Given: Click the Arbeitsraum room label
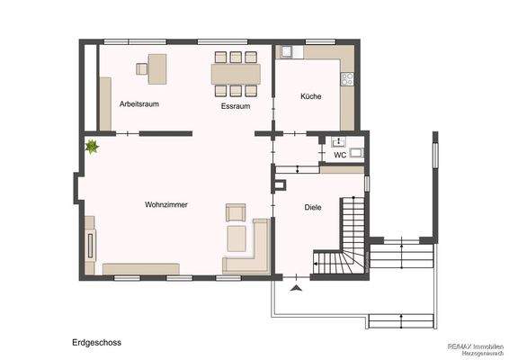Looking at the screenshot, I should pyautogui.click(x=139, y=104).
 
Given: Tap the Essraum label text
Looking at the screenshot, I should pyautogui.click(x=236, y=106).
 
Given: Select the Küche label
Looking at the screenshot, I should pyautogui.click(x=311, y=96).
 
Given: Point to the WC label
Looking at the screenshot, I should pyautogui.click(x=340, y=155).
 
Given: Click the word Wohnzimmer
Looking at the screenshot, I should pyautogui.click(x=166, y=205).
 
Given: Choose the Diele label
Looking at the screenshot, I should pyautogui.click(x=313, y=207).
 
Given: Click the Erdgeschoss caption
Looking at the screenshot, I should pyautogui.click(x=97, y=343).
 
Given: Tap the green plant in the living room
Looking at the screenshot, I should pyautogui.click(x=91, y=145).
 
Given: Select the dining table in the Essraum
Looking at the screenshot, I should pyautogui.click(x=236, y=73).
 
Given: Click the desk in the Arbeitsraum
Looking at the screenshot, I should pyautogui.click(x=156, y=66).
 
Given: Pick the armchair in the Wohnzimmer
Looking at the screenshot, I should pyautogui.click(x=237, y=213).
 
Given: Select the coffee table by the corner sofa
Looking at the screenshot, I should pyautogui.click(x=238, y=238).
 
